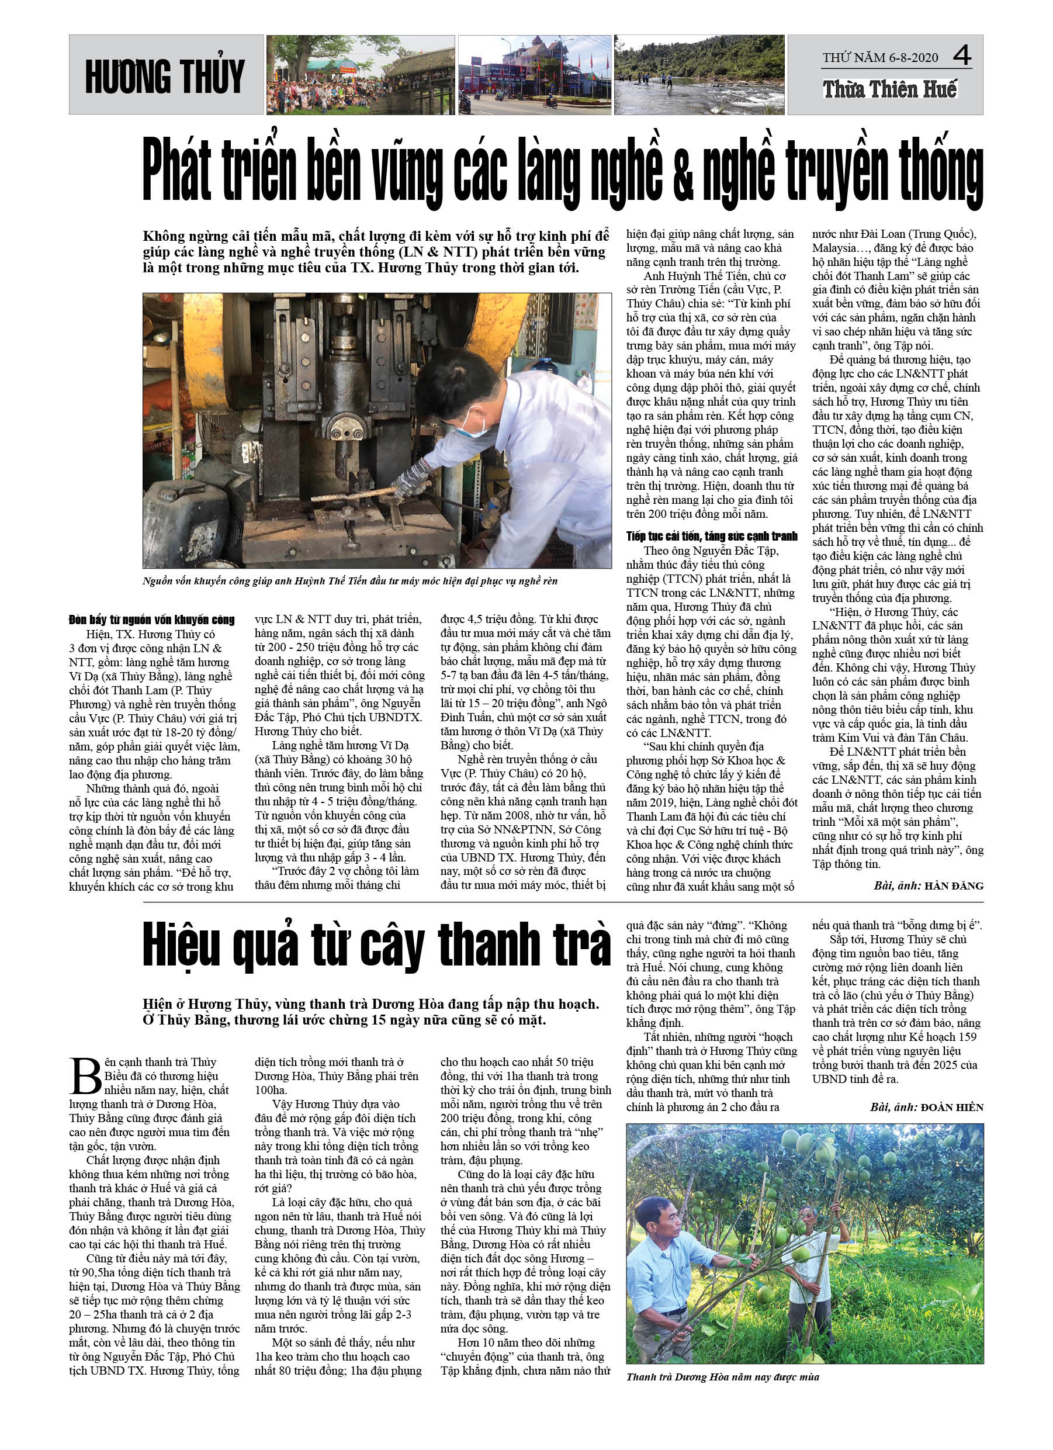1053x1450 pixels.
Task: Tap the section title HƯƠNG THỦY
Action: (165, 76)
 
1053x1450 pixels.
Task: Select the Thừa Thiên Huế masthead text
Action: (889, 89)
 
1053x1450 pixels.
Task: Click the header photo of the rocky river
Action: (699, 75)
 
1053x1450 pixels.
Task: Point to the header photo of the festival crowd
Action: (361, 75)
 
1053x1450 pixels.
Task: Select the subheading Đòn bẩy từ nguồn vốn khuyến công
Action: (152, 620)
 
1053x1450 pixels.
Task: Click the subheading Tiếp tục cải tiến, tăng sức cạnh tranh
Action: (712, 537)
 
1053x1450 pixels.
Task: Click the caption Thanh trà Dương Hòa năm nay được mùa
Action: (722, 1376)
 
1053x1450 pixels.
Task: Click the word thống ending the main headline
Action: (940, 171)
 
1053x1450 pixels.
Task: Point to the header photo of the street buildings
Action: (534, 75)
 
